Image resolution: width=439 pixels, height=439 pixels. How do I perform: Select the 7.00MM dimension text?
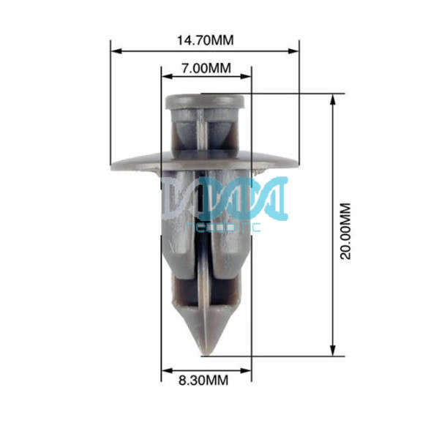pyautogui.click(x=206, y=68)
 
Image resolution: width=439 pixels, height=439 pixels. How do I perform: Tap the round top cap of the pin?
pyautogui.click(x=205, y=101)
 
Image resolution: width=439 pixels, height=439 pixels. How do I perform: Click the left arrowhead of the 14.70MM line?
pyautogui.click(x=115, y=51)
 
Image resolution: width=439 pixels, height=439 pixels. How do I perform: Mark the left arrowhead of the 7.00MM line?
pyautogui.click(x=165, y=75)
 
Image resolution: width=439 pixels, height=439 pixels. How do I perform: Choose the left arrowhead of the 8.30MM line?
pyautogui.click(x=165, y=370)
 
